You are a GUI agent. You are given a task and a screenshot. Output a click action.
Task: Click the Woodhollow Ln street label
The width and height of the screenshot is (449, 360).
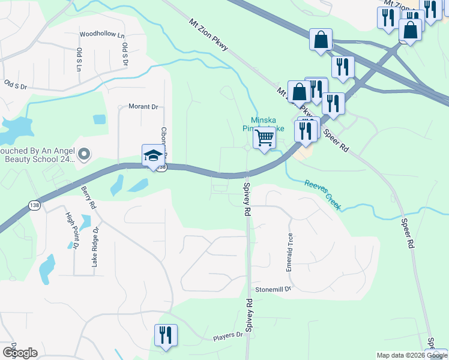point(101,34)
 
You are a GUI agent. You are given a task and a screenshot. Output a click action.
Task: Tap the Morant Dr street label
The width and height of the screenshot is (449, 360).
point(143,107)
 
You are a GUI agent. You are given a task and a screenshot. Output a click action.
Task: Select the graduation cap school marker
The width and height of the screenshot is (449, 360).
point(153,155)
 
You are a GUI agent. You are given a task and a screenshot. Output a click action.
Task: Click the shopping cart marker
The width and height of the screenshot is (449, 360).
point(264,138)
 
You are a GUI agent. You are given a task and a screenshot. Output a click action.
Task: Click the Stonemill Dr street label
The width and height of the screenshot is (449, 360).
point(273,289)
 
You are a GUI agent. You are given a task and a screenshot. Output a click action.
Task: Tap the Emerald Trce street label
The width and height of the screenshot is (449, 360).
point(290,252)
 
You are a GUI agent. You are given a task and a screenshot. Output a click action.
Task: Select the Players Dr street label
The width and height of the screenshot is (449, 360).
point(228,337)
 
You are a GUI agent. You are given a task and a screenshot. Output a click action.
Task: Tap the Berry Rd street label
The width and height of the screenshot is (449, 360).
point(89,197)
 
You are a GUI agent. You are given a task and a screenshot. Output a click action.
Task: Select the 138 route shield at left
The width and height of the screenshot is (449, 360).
point(34,206)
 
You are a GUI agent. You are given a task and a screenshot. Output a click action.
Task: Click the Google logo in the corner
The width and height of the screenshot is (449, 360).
point(20,353)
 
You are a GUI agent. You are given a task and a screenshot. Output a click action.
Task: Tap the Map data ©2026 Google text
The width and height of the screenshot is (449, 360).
point(412,355)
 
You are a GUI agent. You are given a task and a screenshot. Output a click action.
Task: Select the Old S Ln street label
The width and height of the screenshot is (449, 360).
point(79,58)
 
